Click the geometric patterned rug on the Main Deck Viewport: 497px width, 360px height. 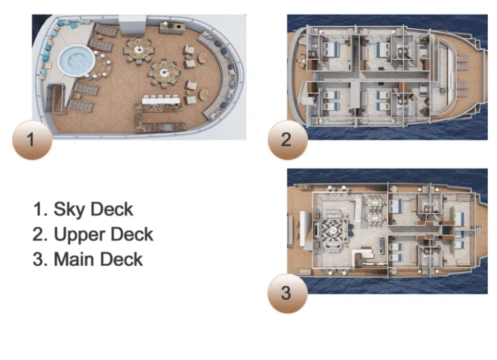(x=332, y=231)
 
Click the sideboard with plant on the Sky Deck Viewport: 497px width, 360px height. (x=172, y=27)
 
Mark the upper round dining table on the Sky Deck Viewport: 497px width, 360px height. (x=139, y=50)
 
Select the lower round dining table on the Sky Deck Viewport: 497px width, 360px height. (x=163, y=73)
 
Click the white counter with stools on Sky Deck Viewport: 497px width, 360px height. (x=160, y=101)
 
